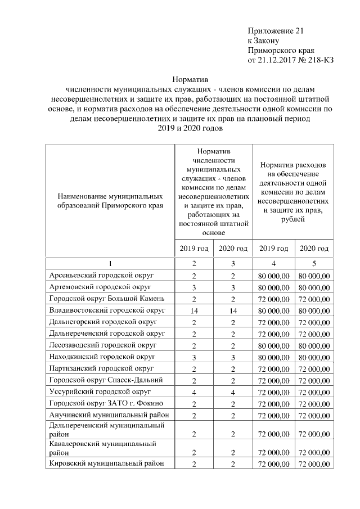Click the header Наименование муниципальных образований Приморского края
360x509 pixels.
point(110,201)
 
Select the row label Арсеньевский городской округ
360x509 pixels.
point(101,276)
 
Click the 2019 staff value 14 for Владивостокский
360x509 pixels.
point(194,310)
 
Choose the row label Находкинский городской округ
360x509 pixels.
point(102,357)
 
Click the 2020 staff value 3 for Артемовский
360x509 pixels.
point(232,287)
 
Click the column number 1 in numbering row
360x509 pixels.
point(110,263)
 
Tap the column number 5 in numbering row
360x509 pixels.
point(314,263)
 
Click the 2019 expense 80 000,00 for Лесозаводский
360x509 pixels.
point(273,345)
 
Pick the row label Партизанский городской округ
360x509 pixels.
point(101,368)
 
